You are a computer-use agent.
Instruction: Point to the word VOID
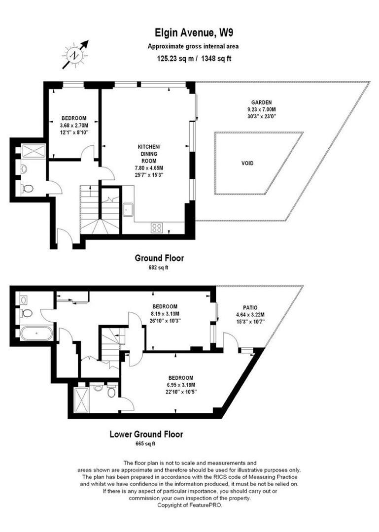pos(248,163)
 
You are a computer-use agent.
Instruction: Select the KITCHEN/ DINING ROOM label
pos(148,153)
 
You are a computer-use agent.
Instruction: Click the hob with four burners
pos(157,227)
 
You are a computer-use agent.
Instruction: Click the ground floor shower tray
pos(34,151)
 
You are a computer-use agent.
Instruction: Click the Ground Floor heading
pos(159,258)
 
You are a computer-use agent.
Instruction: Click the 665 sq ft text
pos(145,444)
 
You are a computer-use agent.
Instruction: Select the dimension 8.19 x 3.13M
pos(166,313)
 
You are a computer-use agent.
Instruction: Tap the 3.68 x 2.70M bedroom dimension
pos(74,125)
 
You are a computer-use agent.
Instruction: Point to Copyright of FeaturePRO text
pos(189,506)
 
